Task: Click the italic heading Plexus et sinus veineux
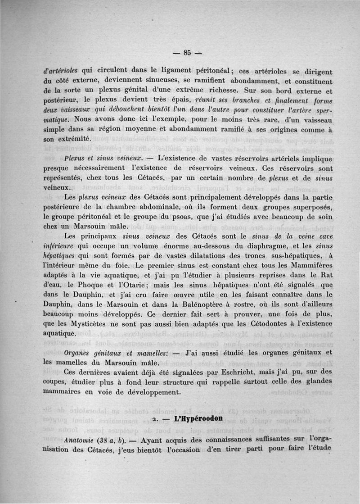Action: click(x=103, y=158)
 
